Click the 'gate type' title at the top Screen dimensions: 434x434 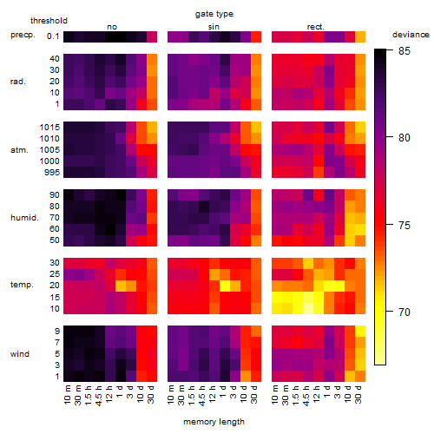(x=214, y=14)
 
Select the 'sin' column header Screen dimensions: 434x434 (x=214, y=27)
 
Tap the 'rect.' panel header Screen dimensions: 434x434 (x=316, y=27)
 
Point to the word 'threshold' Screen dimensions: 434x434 (x=49, y=21)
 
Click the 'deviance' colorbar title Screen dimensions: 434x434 (x=411, y=35)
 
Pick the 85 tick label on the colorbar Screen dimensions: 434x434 (x=404, y=51)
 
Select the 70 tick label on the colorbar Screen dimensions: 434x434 (x=404, y=312)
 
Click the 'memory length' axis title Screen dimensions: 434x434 (x=214, y=422)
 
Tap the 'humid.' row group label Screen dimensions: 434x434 (x=24, y=218)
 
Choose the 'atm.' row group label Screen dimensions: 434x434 (x=19, y=150)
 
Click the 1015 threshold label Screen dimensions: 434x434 (x=49, y=128)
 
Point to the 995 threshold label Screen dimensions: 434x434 (x=52, y=173)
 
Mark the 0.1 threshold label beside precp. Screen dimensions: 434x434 (x=53, y=36)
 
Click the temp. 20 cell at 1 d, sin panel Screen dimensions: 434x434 (x=225, y=286)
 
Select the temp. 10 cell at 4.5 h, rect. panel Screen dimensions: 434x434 (x=308, y=308)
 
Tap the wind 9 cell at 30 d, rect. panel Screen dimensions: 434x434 (x=360, y=332)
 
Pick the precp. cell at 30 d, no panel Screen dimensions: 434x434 (x=152, y=36)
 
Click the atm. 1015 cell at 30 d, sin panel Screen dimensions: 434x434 (x=256, y=127)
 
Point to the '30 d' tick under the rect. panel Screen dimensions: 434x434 (x=358, y=394)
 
